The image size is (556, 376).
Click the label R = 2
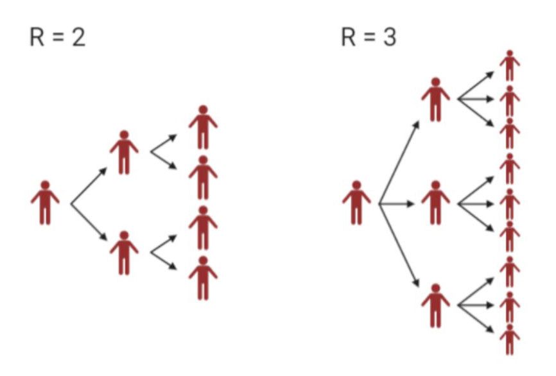pos(57,38)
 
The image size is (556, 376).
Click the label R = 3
pos(369,38)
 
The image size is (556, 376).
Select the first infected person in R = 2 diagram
pos(45,202)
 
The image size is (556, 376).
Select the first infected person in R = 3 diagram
pos(356,202)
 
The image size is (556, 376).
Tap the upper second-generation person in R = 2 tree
pos(124,153)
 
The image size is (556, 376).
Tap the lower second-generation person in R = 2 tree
pos(124,253)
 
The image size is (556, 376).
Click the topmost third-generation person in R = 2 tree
pos(203,127)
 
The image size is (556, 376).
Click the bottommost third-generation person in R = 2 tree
pos(203,277)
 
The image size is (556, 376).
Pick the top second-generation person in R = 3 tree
pos(435,99)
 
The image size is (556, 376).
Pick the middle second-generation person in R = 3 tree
pos(435,202)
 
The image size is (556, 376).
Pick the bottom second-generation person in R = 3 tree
pos(435,305)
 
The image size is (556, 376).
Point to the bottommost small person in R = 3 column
pos(510,339)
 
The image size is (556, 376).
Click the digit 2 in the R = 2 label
pos(79,38)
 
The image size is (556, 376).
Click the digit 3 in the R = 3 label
pos(390,38)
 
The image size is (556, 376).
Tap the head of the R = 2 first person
pos(45,185)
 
